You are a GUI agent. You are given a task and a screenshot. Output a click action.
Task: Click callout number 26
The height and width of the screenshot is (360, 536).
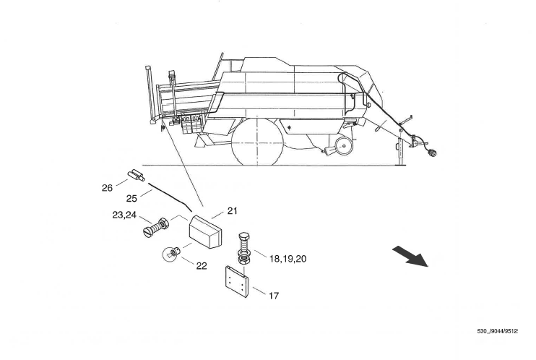tap(107, 188)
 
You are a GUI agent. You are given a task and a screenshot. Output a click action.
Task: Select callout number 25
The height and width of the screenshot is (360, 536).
tap(131, 199)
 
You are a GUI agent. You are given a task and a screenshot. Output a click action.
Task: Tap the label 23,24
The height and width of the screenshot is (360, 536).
tap(124, 215)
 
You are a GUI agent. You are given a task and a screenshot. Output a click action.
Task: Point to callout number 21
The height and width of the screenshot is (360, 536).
tap(232, 211)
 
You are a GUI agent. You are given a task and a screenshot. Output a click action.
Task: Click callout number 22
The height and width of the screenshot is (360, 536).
tap(202, 266)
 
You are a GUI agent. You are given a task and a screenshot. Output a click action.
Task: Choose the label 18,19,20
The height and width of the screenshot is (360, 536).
tap(288, 259)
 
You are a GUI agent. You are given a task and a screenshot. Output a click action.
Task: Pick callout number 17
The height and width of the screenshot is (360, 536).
tap(274, 296)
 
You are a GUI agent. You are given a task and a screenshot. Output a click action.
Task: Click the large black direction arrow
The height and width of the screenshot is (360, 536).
tap(410, 256)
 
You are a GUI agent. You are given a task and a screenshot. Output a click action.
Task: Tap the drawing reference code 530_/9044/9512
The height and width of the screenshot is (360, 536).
tap(498, 331)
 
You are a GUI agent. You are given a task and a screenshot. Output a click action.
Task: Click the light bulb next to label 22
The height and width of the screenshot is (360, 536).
tap(170, 254)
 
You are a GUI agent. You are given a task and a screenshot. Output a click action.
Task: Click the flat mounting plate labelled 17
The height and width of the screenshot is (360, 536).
tap(236, 282)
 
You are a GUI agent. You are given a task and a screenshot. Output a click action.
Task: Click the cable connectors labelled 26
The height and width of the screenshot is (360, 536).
tap(136, 175)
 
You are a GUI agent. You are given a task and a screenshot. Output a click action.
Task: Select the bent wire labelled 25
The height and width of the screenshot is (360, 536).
tap(170, 196)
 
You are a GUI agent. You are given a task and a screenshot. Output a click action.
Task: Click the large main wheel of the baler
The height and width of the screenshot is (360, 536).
tap(257, 142)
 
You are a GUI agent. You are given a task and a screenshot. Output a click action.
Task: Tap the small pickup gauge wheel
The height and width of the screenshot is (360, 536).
tap(344, 146)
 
